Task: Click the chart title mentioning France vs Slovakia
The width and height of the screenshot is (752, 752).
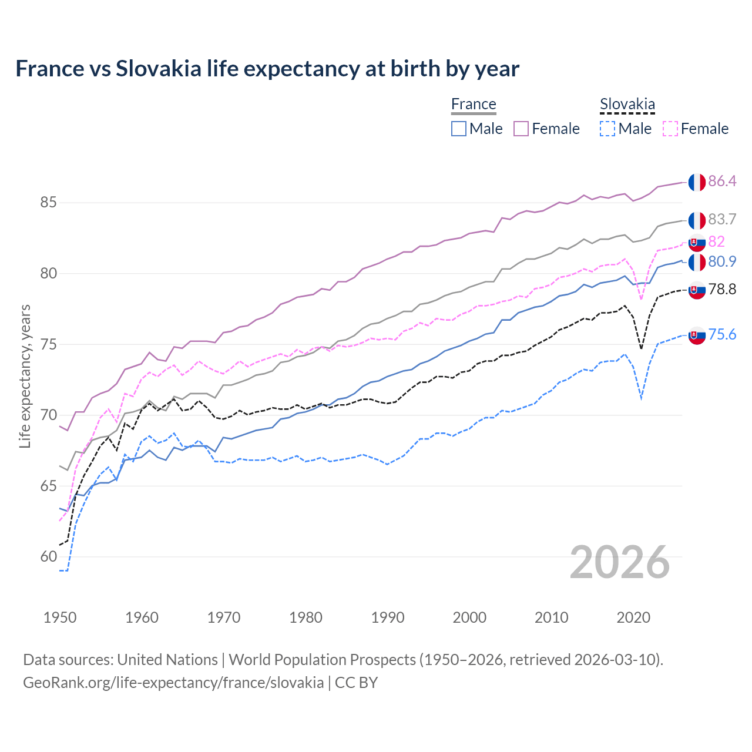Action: tap(267, 69)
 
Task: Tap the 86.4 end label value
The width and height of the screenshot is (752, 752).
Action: tap(722, 181)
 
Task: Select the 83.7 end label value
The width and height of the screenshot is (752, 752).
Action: tap(722, 219)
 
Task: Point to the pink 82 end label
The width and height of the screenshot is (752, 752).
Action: tap(716, 241)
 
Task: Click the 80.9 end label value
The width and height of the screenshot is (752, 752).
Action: tap(722, 261)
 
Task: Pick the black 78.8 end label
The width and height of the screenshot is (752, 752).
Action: tap(722, 289)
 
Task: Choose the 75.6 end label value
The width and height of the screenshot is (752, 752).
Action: tap(722, 334)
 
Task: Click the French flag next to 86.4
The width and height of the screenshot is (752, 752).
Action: tap(697, 182)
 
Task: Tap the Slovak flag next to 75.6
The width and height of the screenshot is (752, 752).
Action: tap(697, 335)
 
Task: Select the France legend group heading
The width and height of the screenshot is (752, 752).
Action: tap(474, 104)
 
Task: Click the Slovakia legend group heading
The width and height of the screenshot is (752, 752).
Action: tap(627, 105)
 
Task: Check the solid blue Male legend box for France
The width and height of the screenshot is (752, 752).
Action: tap(459, 129)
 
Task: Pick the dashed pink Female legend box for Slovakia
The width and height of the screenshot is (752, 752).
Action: tap(670, 129)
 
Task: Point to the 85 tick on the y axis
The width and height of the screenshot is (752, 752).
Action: tap(48, 203)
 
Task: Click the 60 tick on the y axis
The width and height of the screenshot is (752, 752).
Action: tap(48, 556)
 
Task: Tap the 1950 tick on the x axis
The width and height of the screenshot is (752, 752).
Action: tap(60, 617)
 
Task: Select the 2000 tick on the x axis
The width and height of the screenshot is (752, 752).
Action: tap(469, 617)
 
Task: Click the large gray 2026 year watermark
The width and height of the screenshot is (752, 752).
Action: tap(619, 562)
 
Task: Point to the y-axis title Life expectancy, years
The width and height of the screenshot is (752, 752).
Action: tap(25, 376)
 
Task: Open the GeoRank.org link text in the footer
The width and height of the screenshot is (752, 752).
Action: tap(173, 682)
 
